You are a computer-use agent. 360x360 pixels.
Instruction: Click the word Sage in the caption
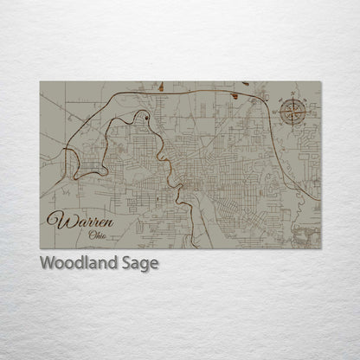(x=141, y=263)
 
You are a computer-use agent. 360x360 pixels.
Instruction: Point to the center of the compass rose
(x=293, y=112)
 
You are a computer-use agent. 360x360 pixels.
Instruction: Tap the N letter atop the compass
(x=293, y=95)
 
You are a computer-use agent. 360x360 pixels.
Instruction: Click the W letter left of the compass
(x=279, y=112)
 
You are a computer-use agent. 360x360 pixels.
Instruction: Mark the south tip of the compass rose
(x=293, y=126)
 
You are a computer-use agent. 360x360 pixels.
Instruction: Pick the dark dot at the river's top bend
(x=147, y=116)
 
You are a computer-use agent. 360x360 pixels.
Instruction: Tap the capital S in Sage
(x=129, y=262)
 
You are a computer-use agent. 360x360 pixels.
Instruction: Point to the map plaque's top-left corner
(x=40, y=82)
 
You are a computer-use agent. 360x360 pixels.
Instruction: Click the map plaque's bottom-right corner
(x=321, y=248)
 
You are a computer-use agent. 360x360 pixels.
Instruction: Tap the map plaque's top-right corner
(x=321, y=82)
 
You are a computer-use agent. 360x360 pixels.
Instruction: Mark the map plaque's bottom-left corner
(x=40, y=248)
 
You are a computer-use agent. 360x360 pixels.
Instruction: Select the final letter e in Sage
(x=154, y=264)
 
